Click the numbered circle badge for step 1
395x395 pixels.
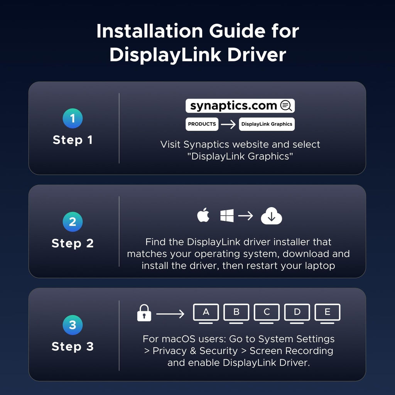(73, 118)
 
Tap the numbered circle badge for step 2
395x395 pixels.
(73, 222)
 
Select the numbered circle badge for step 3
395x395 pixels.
(73, 325)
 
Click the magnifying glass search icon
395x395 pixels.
(286, 106)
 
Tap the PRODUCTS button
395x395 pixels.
(202, 124)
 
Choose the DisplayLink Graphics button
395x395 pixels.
(267, 124)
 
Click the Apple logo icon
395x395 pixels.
(203, 215)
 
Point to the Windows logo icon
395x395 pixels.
(227, 216)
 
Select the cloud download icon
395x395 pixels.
(271, 216)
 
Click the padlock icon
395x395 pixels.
(144, 313)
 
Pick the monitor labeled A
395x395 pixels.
(206, 314)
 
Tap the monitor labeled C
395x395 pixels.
(267, 314)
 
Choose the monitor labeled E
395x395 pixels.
(327, 314)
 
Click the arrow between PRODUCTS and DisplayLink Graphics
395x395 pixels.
(228, 124)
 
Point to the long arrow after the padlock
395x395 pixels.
(170, 314)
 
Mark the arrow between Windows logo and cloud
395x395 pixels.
(245, 216)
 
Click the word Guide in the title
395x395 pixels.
(237, 31)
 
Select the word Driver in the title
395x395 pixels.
(257, 55)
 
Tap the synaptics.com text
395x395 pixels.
(233, 106)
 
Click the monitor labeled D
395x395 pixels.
(297, 314)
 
